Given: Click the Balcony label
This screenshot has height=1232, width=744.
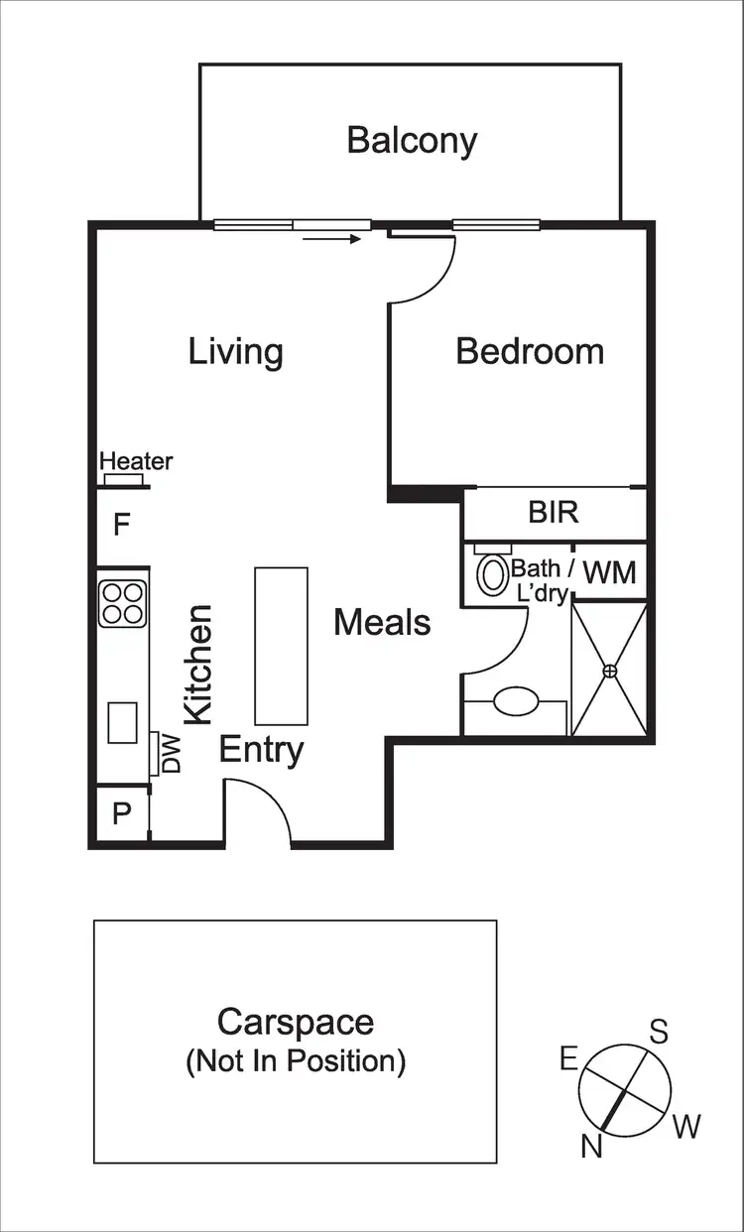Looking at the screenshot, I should [412, 140].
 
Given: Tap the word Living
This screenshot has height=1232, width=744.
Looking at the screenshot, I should [235, 351].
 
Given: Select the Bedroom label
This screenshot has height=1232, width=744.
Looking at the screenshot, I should [530, 351].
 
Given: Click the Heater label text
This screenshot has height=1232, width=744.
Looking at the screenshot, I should [136, 461].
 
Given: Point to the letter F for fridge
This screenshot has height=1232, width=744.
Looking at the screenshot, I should [121, 524].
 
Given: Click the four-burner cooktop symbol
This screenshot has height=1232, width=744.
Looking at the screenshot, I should [123, 602].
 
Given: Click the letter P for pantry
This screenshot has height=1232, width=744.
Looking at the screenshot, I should [121, 814].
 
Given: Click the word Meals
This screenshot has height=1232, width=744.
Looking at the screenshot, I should [382, 623].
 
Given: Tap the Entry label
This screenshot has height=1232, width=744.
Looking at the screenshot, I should [261, 750].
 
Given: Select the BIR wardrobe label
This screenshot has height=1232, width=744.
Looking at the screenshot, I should [553, 513].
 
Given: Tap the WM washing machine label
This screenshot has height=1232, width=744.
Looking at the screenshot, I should [608, 572].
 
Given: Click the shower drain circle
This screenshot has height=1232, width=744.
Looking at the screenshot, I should [610, 672].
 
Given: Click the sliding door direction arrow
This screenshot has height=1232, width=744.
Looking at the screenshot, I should [331, 238].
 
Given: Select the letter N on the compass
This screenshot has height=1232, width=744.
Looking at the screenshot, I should [592, 1147].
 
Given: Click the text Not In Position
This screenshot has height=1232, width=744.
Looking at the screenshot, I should [296, 1061].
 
